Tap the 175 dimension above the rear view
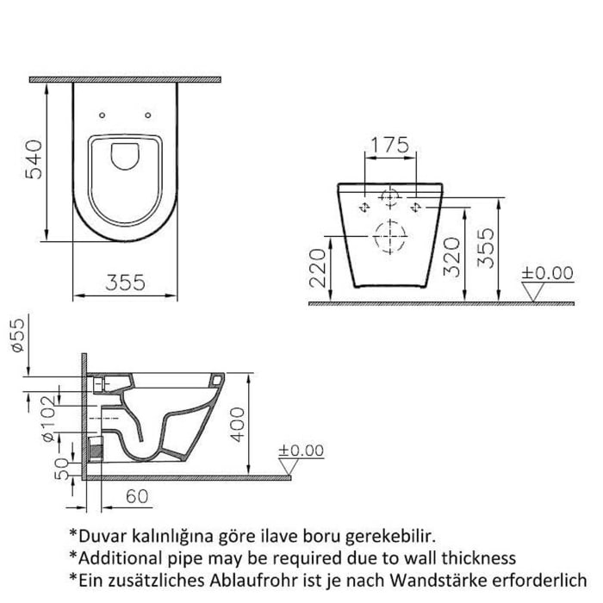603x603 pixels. (x=391, y=145)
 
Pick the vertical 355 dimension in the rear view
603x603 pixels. (x=488, y=248)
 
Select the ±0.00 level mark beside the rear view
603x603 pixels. (x=547, y=274)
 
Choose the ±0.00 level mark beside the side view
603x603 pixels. (x=300, y=451)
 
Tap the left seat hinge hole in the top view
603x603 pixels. (x=103, y=115)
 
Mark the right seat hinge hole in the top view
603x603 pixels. (x=150, y=115)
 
